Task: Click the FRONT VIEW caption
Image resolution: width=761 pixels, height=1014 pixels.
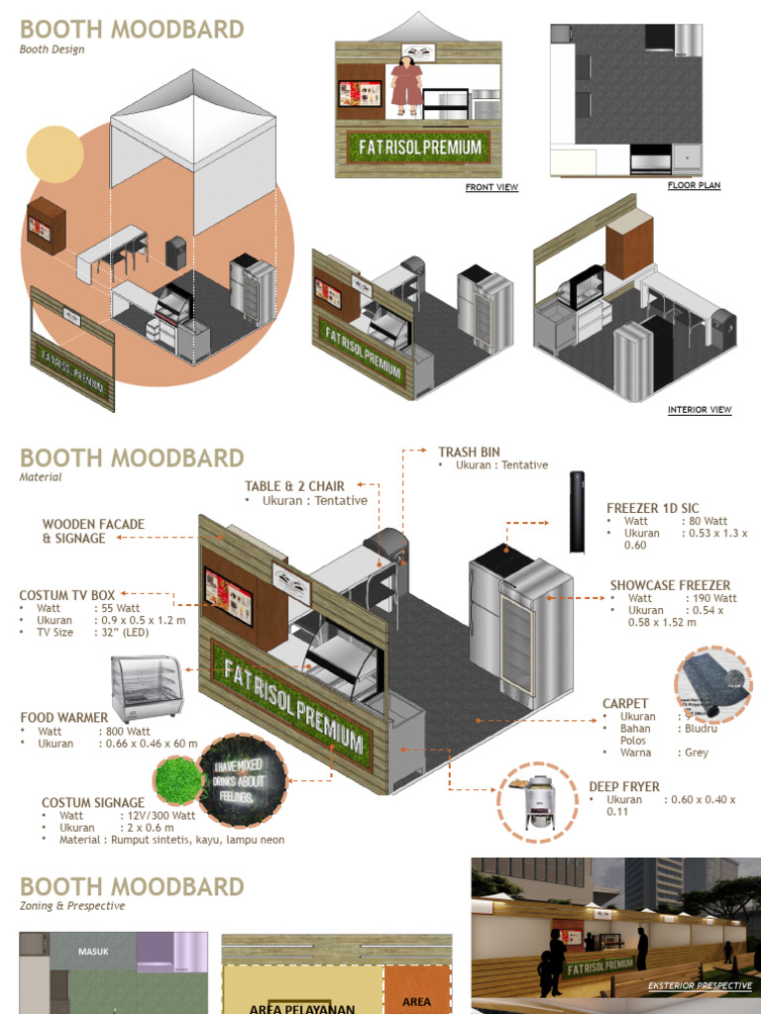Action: [491, 187]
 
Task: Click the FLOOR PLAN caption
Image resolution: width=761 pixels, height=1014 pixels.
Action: [694, 185]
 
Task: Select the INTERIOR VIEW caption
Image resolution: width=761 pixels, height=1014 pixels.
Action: [700, 410]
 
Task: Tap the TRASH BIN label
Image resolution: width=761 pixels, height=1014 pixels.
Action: [469, 452]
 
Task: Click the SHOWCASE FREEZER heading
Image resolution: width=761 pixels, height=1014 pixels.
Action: [670, 585]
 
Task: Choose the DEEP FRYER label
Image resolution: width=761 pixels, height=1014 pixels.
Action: [624, 787]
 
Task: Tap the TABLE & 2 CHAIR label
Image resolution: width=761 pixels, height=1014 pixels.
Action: [294, 486]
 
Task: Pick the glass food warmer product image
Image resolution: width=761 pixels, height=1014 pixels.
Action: [147, 689]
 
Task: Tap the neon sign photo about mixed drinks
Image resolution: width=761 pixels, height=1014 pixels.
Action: [243, 780]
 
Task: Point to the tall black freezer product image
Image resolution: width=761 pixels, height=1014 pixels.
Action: [578, 512]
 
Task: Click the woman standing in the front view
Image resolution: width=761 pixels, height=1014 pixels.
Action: [406, 86]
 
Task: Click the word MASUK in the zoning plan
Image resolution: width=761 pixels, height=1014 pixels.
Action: [94, 952]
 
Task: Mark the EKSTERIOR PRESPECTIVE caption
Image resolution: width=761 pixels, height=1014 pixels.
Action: [699, 986]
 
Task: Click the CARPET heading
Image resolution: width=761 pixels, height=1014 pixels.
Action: [625, 704]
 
